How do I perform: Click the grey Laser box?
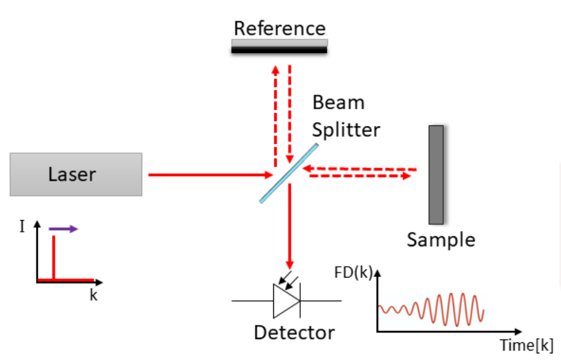pyautogui.click(x=76, y=174)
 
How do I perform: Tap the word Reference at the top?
pyautogui.click(x=279, y=28)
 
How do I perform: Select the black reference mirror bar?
pyautogui.click(x=279, y=49)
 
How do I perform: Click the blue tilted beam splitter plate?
pyautogui.click(x=289, y=173)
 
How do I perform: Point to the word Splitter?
pyautogui.click(x=346, y=129)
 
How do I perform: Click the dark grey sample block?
pyautogui.click(x=436, y=174)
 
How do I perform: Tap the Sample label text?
pyautogui.click(x=441, y=240)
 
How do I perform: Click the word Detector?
pyautogui.click(x=294, y=333)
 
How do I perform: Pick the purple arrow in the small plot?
pyautogui.click(x=64, y=228)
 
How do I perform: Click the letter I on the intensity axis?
pyautogui.click(x=22, y=227)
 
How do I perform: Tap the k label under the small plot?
pyautogui.click(x=93, y=295)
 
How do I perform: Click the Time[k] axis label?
pyautogui.click(x=526, y=345)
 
